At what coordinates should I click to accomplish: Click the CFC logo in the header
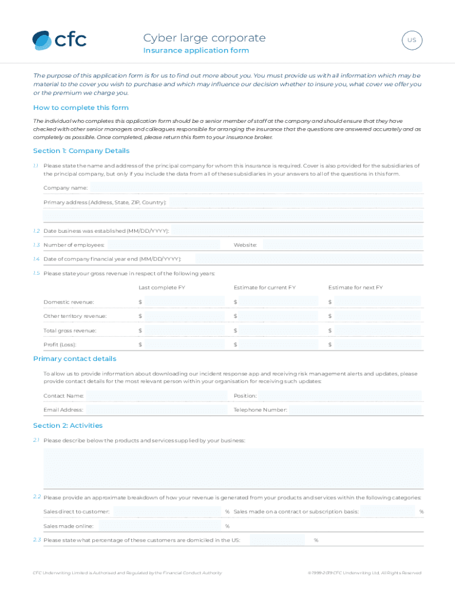59,40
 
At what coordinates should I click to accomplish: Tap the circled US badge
412,41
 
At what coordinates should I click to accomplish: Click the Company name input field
256,188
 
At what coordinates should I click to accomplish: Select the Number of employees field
163,245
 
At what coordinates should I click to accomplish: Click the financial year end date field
308,259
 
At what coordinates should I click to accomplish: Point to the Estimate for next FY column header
356,288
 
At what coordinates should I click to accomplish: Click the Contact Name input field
157,396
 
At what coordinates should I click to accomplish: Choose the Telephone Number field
356,410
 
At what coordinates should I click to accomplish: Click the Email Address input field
157,410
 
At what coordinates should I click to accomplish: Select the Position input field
340,396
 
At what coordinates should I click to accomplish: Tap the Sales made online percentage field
160,526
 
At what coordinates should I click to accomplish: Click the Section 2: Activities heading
68,425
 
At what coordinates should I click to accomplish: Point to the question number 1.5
37,274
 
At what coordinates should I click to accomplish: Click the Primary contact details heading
75,359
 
